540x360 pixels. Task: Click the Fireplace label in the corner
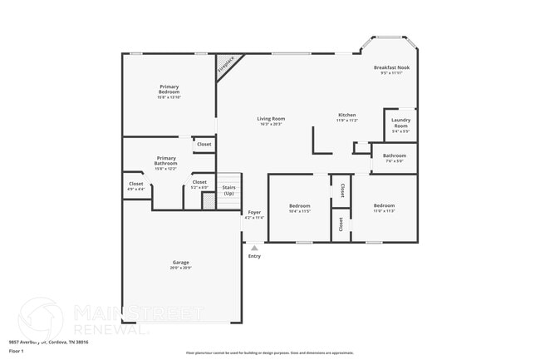pyautogui.click(x=226, y=67)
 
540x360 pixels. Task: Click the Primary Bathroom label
pyautogui.click(x=165, y=160)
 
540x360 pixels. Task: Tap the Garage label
pyautogui.click(x=180, y=264)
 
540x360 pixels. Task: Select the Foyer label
pyautogui.click(x=255, y=214)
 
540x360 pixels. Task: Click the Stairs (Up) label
pyautogui.click(x=228, y=190)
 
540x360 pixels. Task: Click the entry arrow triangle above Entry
pyautogui.click(x=254, y=248)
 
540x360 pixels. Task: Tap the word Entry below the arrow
pyautogui.click(x=254, y=256)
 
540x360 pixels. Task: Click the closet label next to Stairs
pyautogui.click(x=199, y=184)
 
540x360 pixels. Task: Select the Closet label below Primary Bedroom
pyautogui.click(x=204, y=144)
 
